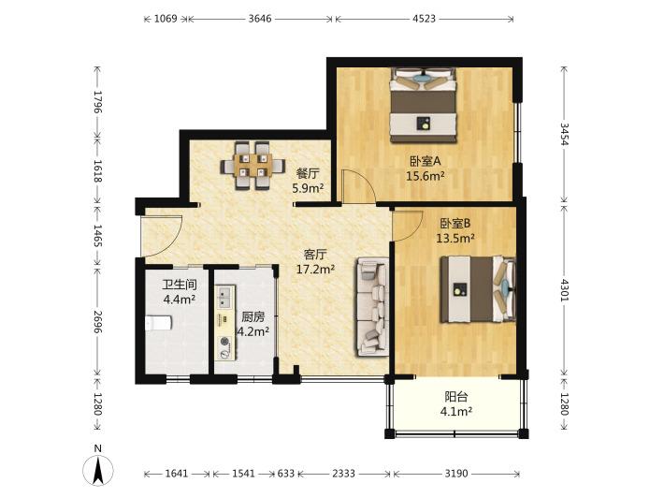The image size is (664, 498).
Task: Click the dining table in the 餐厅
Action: (253, 166)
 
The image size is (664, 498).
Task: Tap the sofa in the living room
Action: (372, 306)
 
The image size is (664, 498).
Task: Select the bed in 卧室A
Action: (424, 105)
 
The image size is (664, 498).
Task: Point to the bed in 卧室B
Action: (478, 289)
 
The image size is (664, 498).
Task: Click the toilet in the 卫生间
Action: (158, 323)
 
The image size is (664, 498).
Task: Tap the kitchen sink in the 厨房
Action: (225, 296)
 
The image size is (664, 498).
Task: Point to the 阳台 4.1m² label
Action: (456, 403)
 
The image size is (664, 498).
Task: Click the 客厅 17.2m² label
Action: (315, 261)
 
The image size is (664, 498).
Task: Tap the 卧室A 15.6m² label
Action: (426, 168)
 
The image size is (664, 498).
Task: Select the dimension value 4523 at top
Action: (424, 19)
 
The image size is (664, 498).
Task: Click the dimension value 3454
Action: (565, 135)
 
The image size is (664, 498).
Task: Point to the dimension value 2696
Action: (98, 322)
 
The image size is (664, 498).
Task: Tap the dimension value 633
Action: (286, 474)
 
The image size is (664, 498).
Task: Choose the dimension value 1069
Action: (166, 19)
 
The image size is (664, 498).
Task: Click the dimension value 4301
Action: (565, 290)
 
